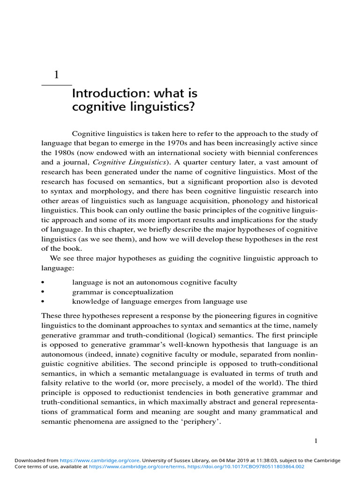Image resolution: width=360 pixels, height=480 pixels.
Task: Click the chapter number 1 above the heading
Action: [57, 75]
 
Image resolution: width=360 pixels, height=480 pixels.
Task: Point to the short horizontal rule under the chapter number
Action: [57, 85]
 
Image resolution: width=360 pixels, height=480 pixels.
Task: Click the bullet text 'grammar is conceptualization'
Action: [123, 292]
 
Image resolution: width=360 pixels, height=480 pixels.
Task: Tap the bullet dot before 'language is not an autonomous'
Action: [43, 283]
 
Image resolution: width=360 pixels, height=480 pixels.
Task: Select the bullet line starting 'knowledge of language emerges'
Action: [159, 301]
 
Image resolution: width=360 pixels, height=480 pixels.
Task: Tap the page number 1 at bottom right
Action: [316, 441]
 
